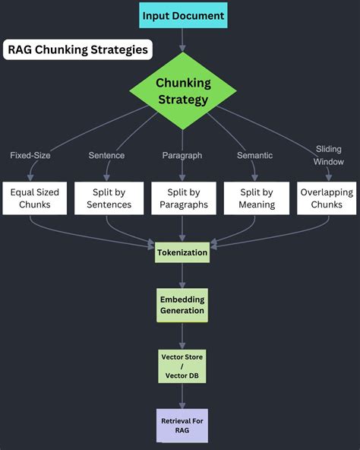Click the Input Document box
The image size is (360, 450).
(x=182, y=14)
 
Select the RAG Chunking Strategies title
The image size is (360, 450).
(x=77, y=51)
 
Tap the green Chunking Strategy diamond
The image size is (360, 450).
(x=182, y=91)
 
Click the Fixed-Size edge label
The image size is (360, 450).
(x=31, y=155)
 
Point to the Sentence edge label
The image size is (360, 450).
(x=106, y=155)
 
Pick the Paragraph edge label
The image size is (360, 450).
(x=182, y=155)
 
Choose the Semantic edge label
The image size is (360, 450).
(x=255, y=155)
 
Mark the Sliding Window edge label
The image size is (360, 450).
(x=328, y=155)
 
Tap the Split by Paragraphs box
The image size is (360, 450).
(x=182, y=198)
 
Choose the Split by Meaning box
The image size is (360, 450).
(x=256, y=198)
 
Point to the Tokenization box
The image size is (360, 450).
(x=182, y=252)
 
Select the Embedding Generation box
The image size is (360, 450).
(x=182, y=305)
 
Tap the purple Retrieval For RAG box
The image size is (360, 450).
(x=182, y=425)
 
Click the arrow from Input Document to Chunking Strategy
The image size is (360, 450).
(x=182, y=40)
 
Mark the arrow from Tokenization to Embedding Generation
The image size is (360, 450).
(x=182, y=275)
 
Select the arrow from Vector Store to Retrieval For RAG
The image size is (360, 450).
(x=182, y=394)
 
